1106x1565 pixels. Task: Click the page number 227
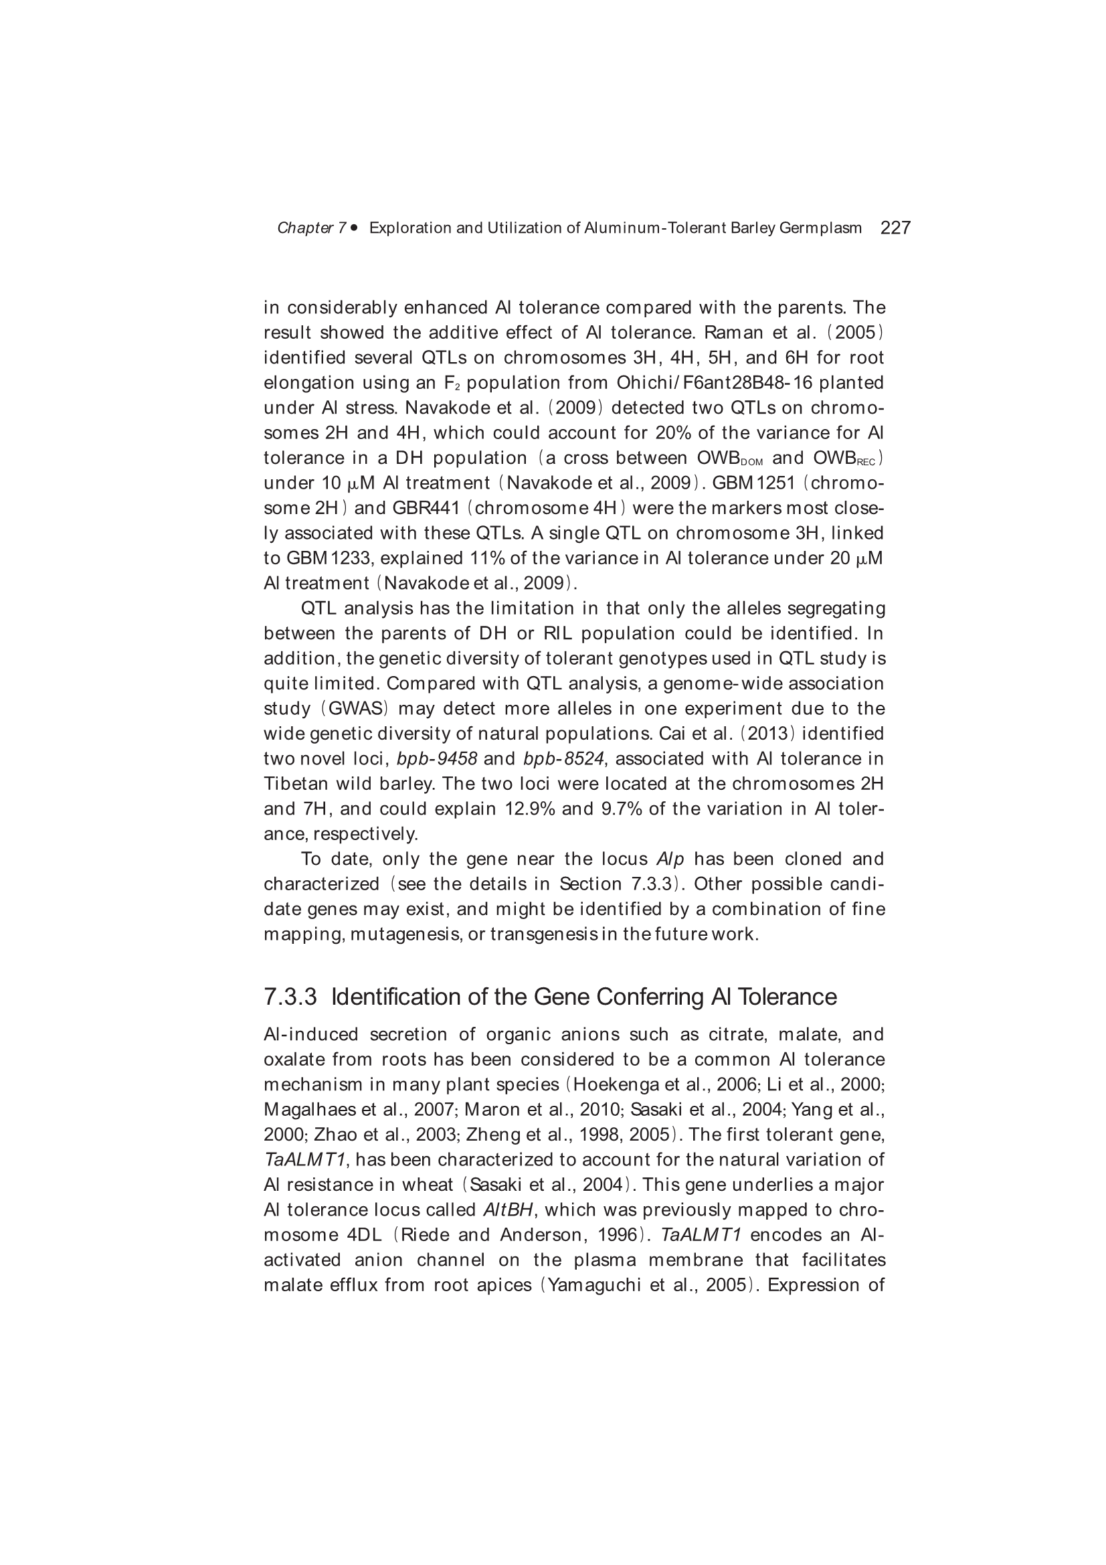tap(895, 228)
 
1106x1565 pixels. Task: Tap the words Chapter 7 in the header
tap(311, 228)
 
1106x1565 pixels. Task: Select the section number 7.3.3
tap(290, 997)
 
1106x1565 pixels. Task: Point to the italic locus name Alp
tap(670, 859)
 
